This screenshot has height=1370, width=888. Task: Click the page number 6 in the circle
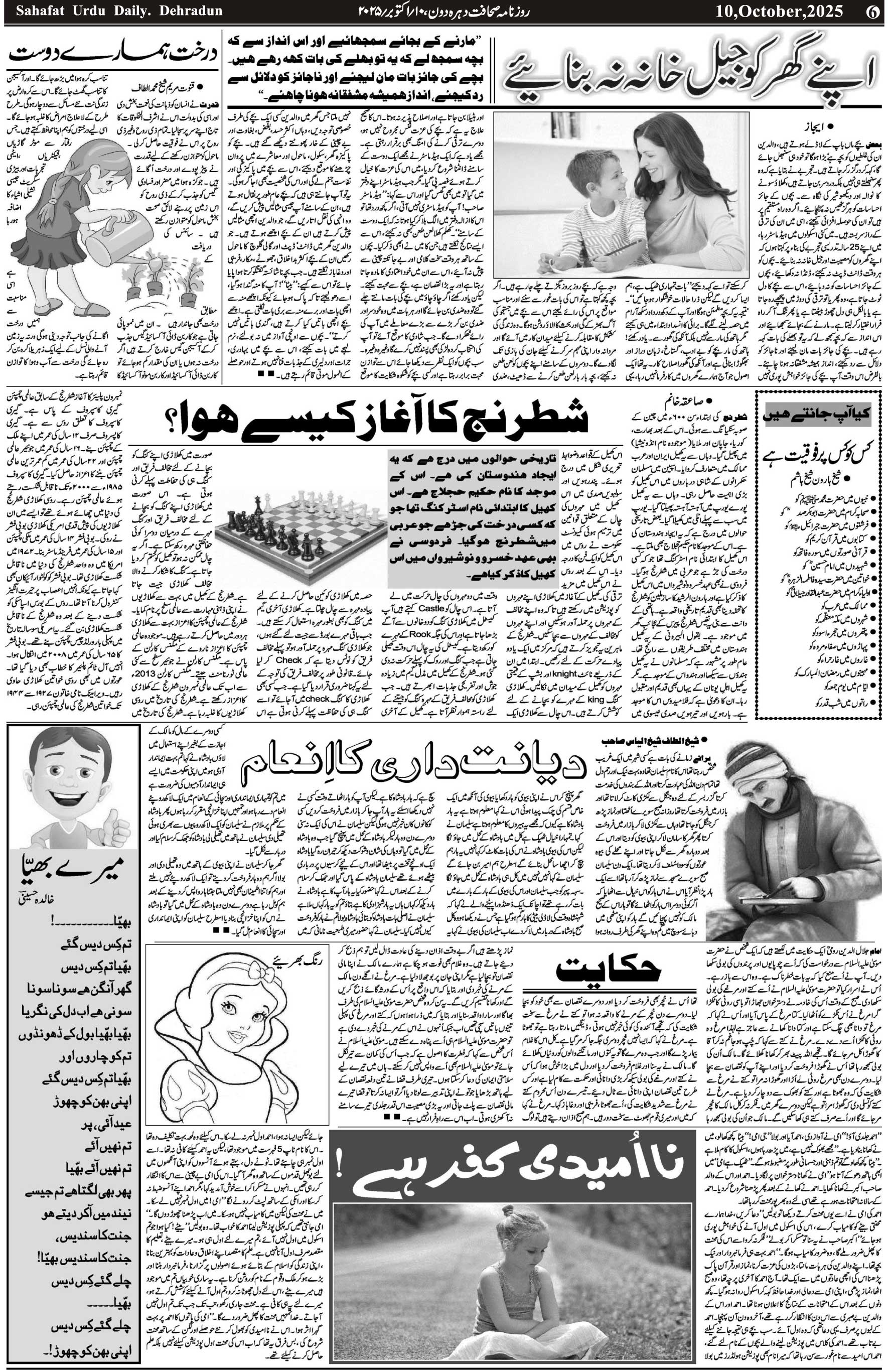(x=873, y=12)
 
